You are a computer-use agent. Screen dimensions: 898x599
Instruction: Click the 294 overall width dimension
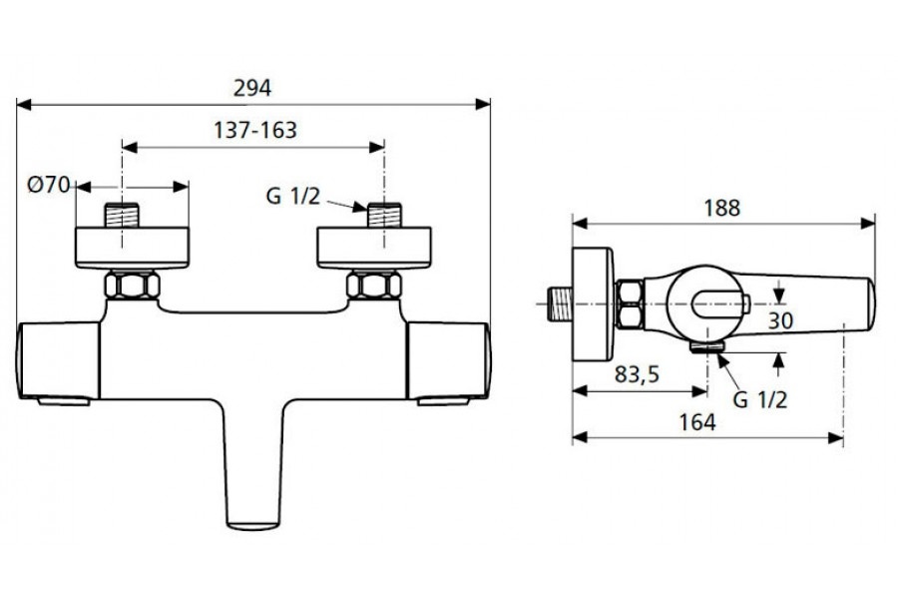pos(252,88)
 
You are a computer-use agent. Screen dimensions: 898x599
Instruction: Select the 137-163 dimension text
pos(255,130)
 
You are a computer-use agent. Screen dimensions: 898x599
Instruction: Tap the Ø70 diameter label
pos(48,185)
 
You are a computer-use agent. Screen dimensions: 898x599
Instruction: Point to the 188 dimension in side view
pos(721,208)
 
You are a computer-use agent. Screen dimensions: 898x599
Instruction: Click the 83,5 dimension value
pos(637,374)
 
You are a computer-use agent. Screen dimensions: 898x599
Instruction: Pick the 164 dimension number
pos(697,422)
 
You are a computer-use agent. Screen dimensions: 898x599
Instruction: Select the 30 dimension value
pos(780,321)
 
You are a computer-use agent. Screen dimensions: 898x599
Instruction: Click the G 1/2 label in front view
pos(292,197)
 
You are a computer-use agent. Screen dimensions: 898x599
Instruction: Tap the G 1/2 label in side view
pos(760,399)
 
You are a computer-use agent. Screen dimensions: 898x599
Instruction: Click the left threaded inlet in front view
pos(122,215)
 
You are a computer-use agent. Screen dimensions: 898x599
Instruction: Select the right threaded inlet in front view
pos(384,215)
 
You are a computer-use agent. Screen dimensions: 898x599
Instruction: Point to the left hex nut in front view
pos(132,285)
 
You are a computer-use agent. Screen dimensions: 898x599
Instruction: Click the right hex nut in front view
pos(374,285)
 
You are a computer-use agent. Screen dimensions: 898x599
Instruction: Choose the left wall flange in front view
pos(133,248)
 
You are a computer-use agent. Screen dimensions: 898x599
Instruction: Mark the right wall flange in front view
pos(374,248)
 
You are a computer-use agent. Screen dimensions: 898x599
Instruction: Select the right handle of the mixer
pos(448,361)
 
